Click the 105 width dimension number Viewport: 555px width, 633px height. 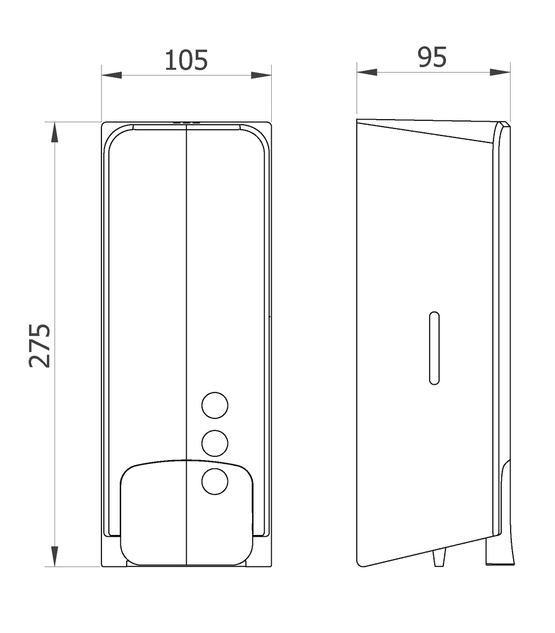coord(186,61)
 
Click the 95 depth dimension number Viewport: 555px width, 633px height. coord(432,58)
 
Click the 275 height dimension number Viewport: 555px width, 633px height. coord(39,346)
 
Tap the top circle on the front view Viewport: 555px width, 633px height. coord(215,405)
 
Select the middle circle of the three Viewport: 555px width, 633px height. coord(215,443)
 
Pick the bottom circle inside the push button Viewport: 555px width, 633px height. coord(215,481)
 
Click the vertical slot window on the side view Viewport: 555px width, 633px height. coord(434,348)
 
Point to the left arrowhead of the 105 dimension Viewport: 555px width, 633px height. coord(112,75)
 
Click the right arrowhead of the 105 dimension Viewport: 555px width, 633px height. coord(261,75)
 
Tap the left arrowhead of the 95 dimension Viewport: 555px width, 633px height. coord(367,72)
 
